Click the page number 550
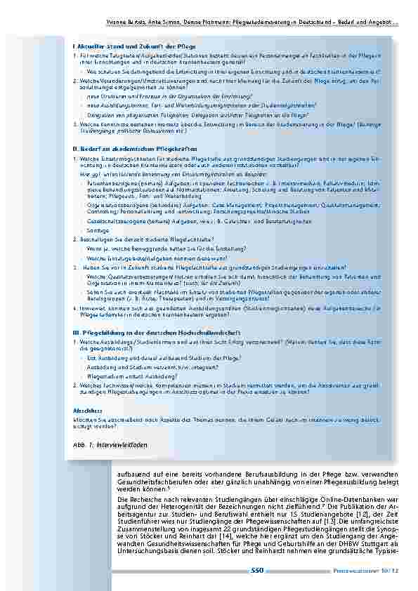[x=256, y=571]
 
